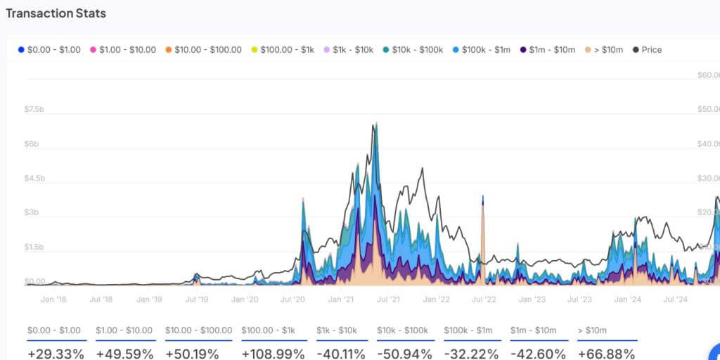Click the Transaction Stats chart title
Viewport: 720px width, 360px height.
point(56,13)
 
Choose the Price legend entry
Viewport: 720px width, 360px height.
point(648,50)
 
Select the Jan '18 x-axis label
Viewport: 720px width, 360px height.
point(53,300)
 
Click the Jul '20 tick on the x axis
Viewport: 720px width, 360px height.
point(292,300)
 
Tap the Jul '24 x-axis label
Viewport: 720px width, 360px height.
point(676,300)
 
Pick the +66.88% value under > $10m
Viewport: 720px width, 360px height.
point(607,352)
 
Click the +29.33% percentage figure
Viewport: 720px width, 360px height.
point(56,352)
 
